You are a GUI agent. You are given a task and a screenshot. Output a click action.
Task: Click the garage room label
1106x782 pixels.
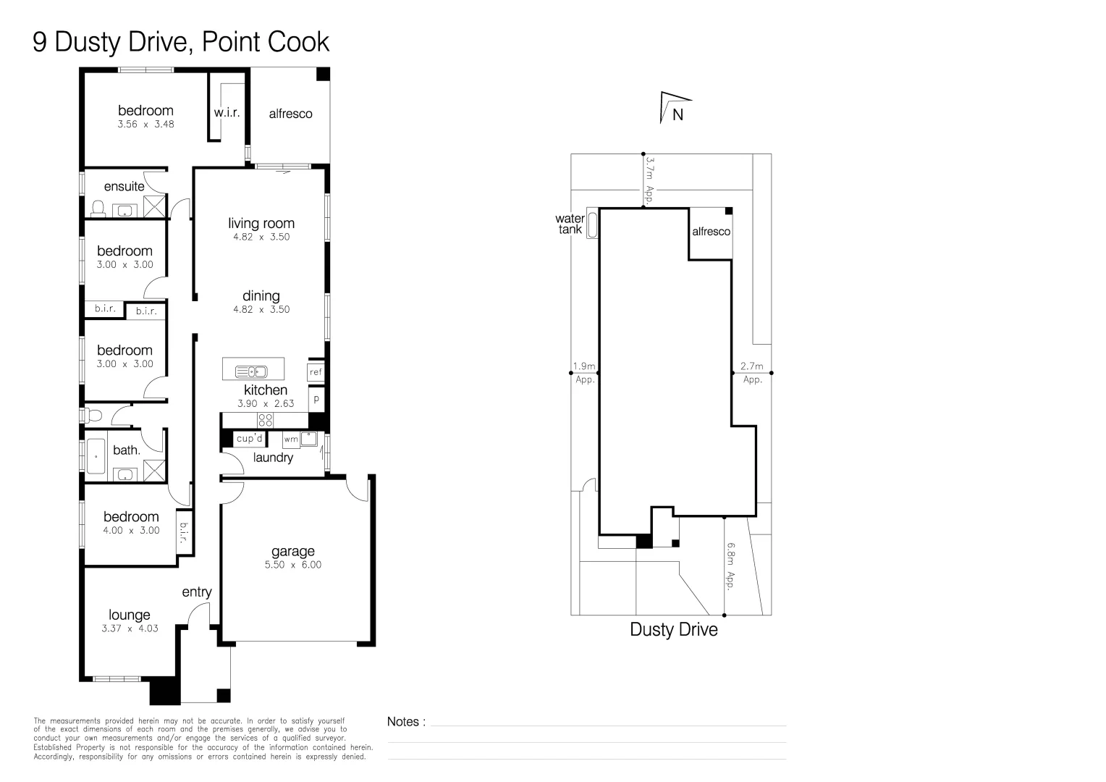293,552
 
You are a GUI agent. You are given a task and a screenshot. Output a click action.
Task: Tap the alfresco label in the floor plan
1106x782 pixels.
290,114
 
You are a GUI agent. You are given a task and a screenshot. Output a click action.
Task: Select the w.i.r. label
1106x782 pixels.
227,113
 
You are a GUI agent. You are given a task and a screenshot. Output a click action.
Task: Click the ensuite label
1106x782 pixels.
124,186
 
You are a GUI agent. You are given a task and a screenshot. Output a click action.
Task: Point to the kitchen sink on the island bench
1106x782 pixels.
251,371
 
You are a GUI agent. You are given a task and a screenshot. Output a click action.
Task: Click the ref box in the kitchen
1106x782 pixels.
316,371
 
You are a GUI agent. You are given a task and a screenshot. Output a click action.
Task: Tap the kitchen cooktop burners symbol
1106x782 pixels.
265,421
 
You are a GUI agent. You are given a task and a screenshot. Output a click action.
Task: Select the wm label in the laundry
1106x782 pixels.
291,439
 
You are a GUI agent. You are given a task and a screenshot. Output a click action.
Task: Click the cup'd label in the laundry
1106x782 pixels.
249,438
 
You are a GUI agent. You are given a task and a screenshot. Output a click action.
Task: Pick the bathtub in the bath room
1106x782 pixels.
96,456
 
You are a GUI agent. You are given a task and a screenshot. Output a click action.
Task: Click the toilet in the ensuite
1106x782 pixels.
98,209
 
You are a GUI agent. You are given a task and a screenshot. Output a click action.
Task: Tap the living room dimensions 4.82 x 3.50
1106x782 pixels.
261,237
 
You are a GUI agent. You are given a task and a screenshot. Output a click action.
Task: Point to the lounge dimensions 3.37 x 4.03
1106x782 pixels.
130,628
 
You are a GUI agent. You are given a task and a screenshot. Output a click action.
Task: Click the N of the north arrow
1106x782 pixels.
677,114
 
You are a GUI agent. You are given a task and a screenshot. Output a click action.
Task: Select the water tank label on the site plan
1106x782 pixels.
570,224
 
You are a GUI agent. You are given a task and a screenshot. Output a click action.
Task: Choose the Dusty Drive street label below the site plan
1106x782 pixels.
673,629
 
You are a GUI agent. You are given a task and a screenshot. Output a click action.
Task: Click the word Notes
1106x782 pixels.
402,722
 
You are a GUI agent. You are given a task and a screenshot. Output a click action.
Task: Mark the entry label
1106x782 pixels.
196,592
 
